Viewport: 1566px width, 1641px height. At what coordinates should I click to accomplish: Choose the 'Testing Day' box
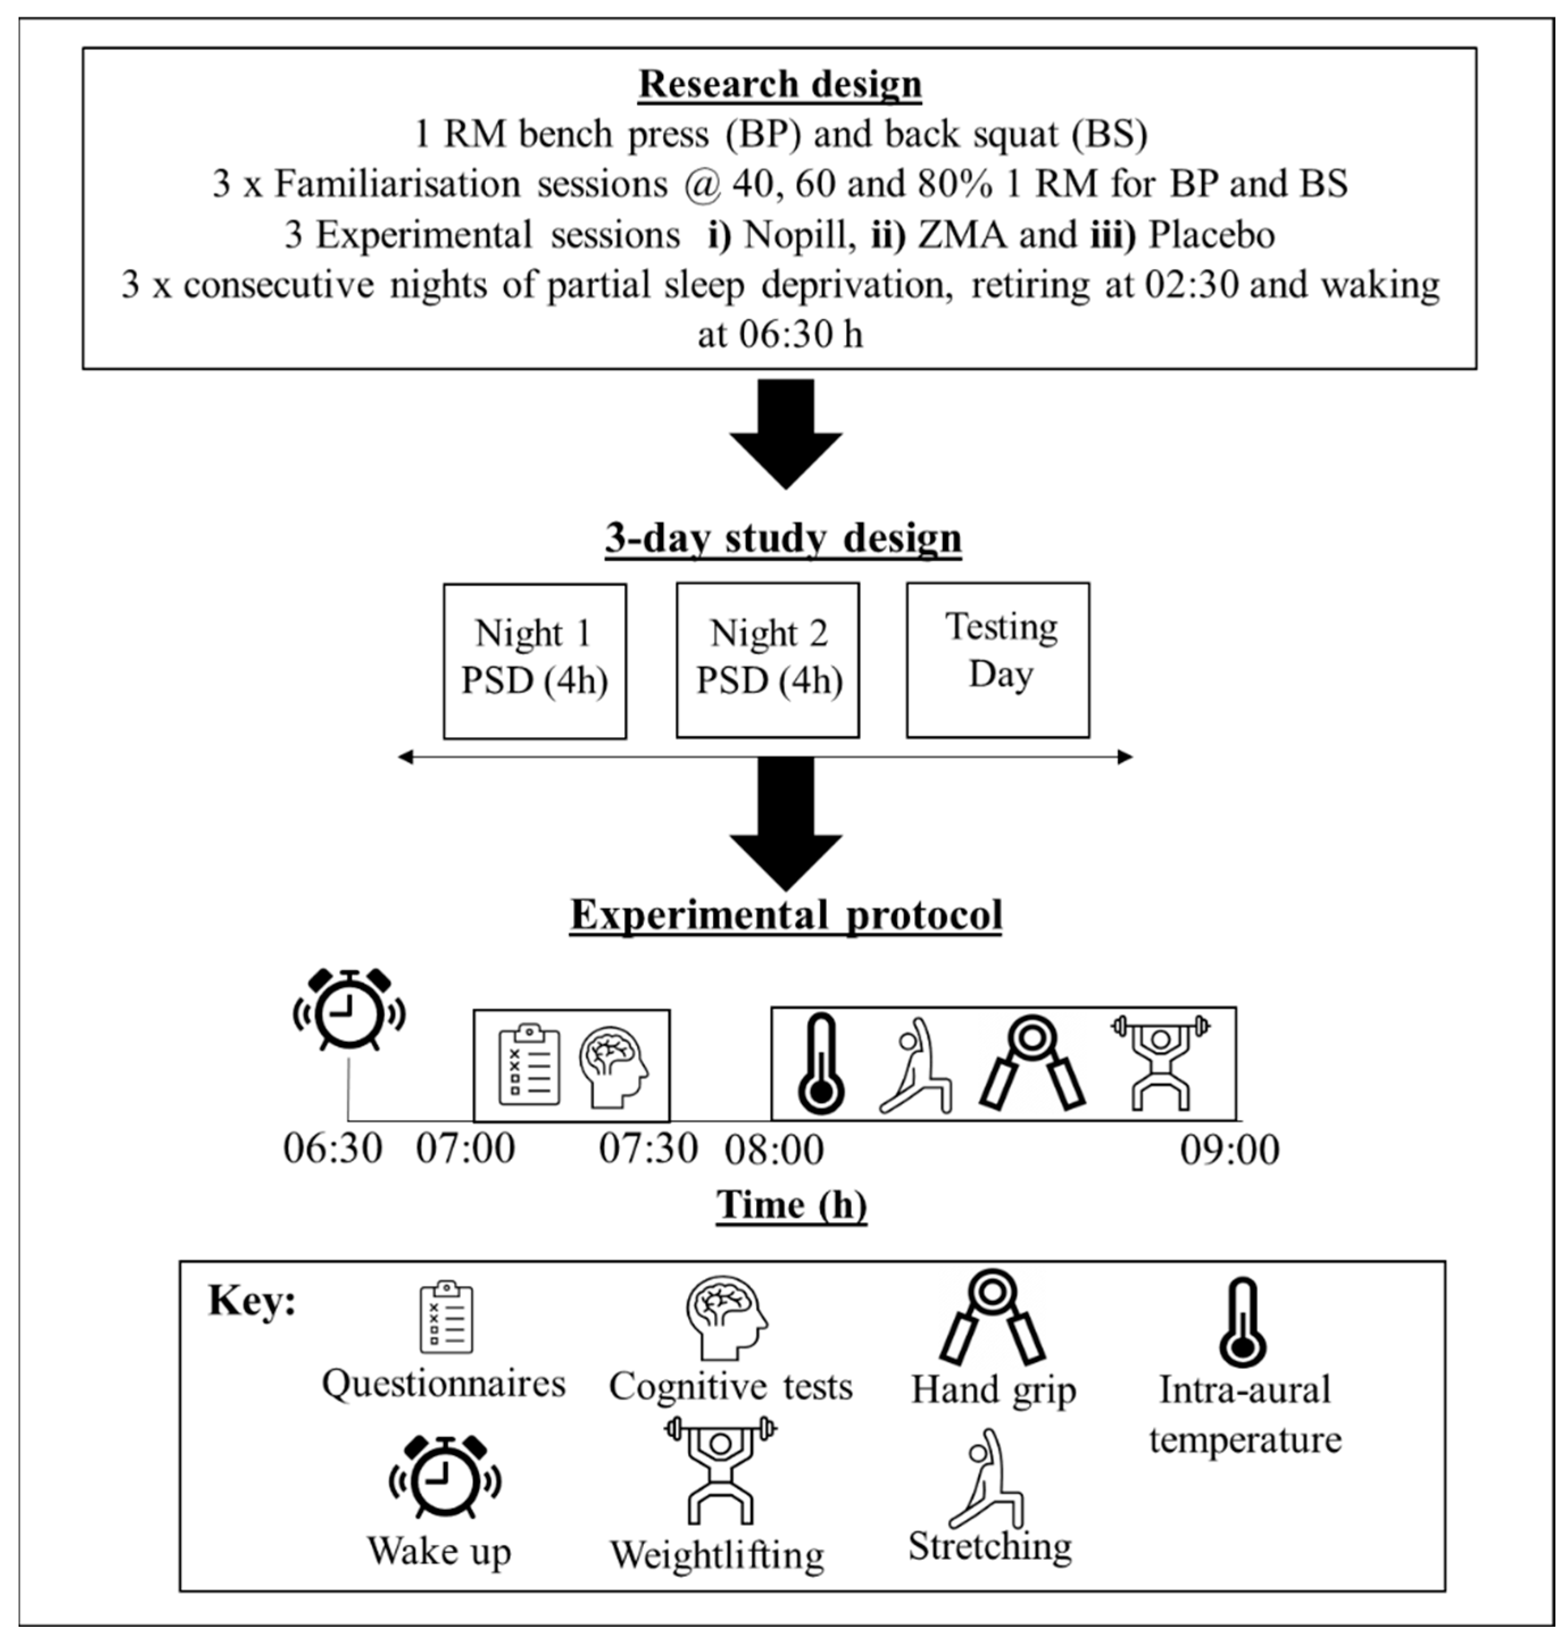click(998, 660)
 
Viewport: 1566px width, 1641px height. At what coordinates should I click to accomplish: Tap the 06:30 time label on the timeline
click(332, 1149)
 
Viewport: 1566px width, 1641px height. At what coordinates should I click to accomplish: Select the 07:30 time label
click(648, 1149)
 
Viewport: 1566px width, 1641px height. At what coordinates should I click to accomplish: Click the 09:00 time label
click(1230, 1150)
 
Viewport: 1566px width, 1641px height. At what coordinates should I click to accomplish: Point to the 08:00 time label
click(774, 1150)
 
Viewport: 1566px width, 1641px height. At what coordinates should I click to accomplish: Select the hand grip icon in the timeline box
click(1032, 1063)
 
